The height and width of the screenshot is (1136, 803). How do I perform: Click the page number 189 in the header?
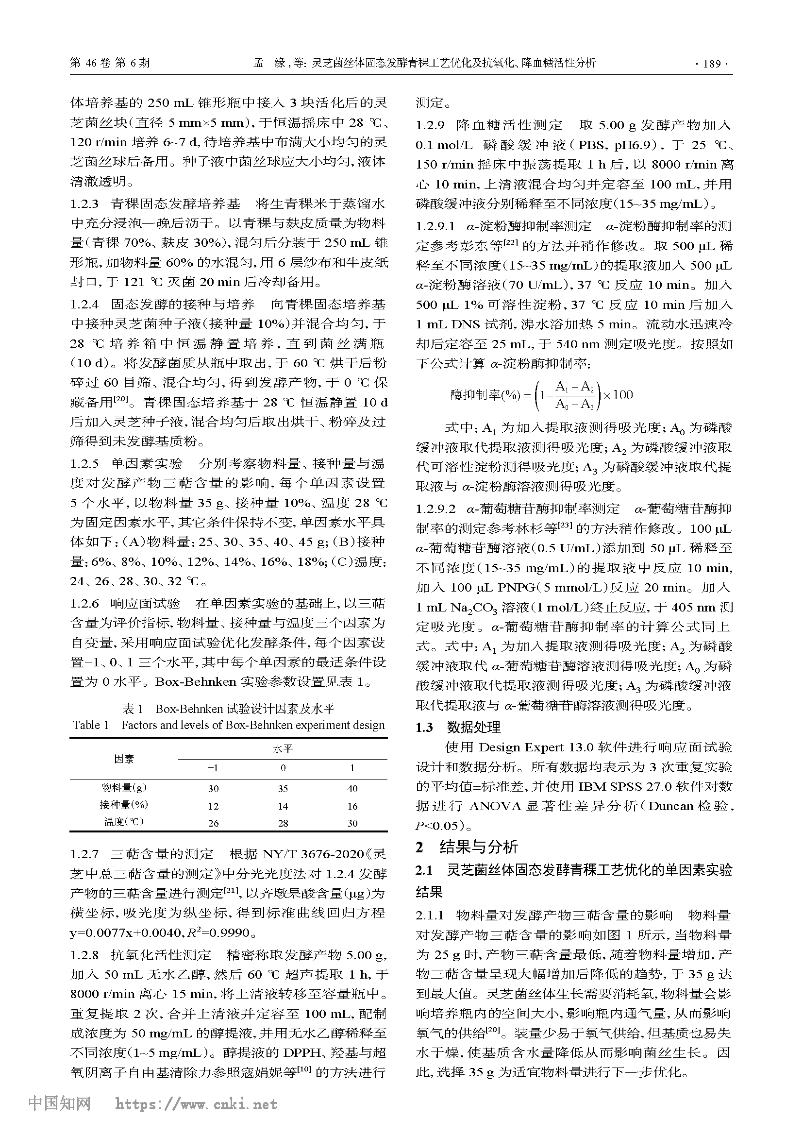point(712,63)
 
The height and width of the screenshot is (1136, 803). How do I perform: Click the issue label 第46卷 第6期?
point(110,63)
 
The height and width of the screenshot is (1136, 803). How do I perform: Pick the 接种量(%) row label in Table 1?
point(124,805)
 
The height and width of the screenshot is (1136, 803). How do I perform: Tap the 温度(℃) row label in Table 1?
point(124,822)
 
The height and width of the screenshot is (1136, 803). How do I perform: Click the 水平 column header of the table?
point(283,748)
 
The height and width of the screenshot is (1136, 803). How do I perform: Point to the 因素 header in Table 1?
point(124,759)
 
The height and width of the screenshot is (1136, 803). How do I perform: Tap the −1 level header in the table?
point(213,768)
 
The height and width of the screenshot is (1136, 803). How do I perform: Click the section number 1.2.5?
point(84,464)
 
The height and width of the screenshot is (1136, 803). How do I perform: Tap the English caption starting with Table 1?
point(229,725)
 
